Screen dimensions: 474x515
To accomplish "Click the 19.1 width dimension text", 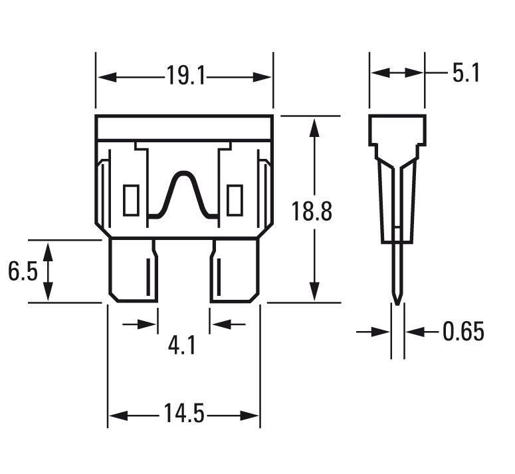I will [x=185, y=76].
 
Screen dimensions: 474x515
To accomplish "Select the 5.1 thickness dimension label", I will [x=465, y=72].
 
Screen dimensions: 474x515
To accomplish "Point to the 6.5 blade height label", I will [x=23, y=271].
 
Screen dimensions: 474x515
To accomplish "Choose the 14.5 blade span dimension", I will [x=184, y=415].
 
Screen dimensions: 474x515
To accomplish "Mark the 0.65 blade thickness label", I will [x=463, y=331].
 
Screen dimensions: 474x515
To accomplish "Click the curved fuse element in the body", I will [x=182, y=193].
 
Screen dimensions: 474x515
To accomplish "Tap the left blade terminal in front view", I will [x=133, y=271].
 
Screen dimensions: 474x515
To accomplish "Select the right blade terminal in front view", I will [x=235, y=271].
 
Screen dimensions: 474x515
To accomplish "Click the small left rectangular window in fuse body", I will [x=131, y=200].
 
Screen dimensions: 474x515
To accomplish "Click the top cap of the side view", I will [x=397, y=130].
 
